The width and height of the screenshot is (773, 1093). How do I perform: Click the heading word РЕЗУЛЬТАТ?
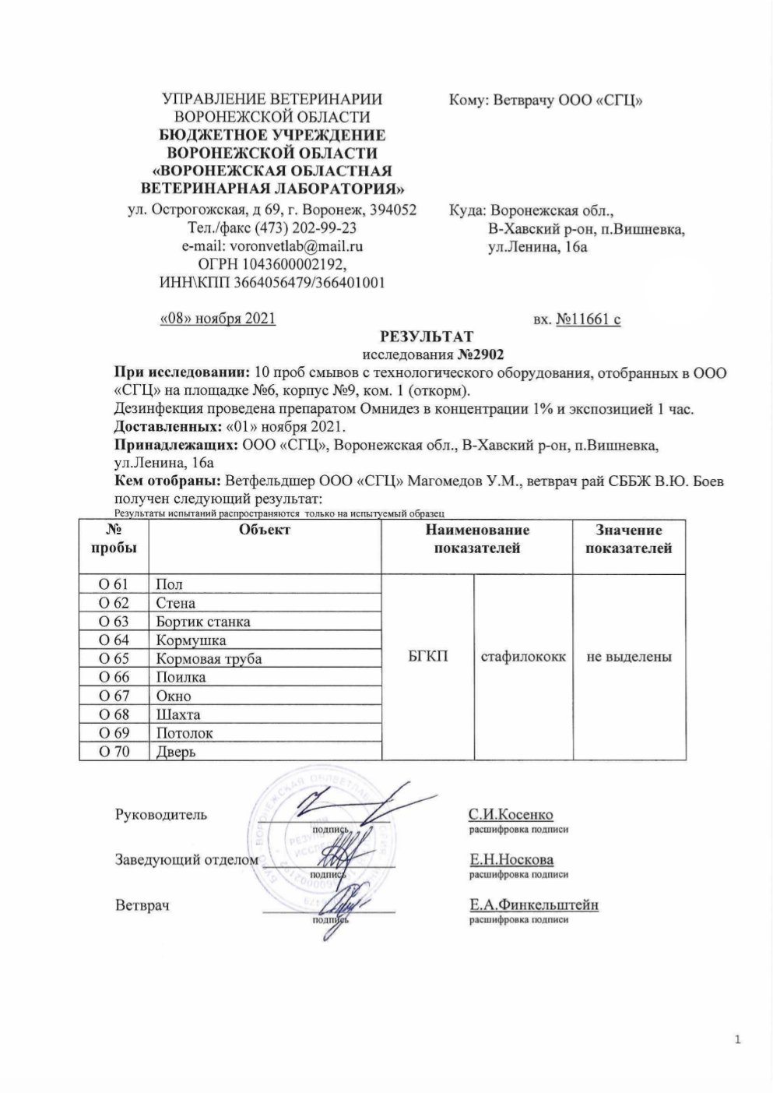tap(425, 337)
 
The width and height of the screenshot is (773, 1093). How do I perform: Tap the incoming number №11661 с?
tap(588, 319)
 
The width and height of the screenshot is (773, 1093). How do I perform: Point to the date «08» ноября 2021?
tap(217, 319)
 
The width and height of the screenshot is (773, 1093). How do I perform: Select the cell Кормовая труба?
tap(209, 659)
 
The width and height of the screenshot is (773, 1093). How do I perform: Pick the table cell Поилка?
tap(181, 678)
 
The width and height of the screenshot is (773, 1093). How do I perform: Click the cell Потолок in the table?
tap(184, 733)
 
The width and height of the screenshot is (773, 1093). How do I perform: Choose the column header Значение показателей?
tap(629, 539)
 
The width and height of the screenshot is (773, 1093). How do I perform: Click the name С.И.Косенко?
tap(511, 815)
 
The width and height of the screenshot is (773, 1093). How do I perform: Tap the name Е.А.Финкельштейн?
tap(533, 905)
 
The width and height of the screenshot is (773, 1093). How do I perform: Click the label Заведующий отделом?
tap(187, 860)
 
